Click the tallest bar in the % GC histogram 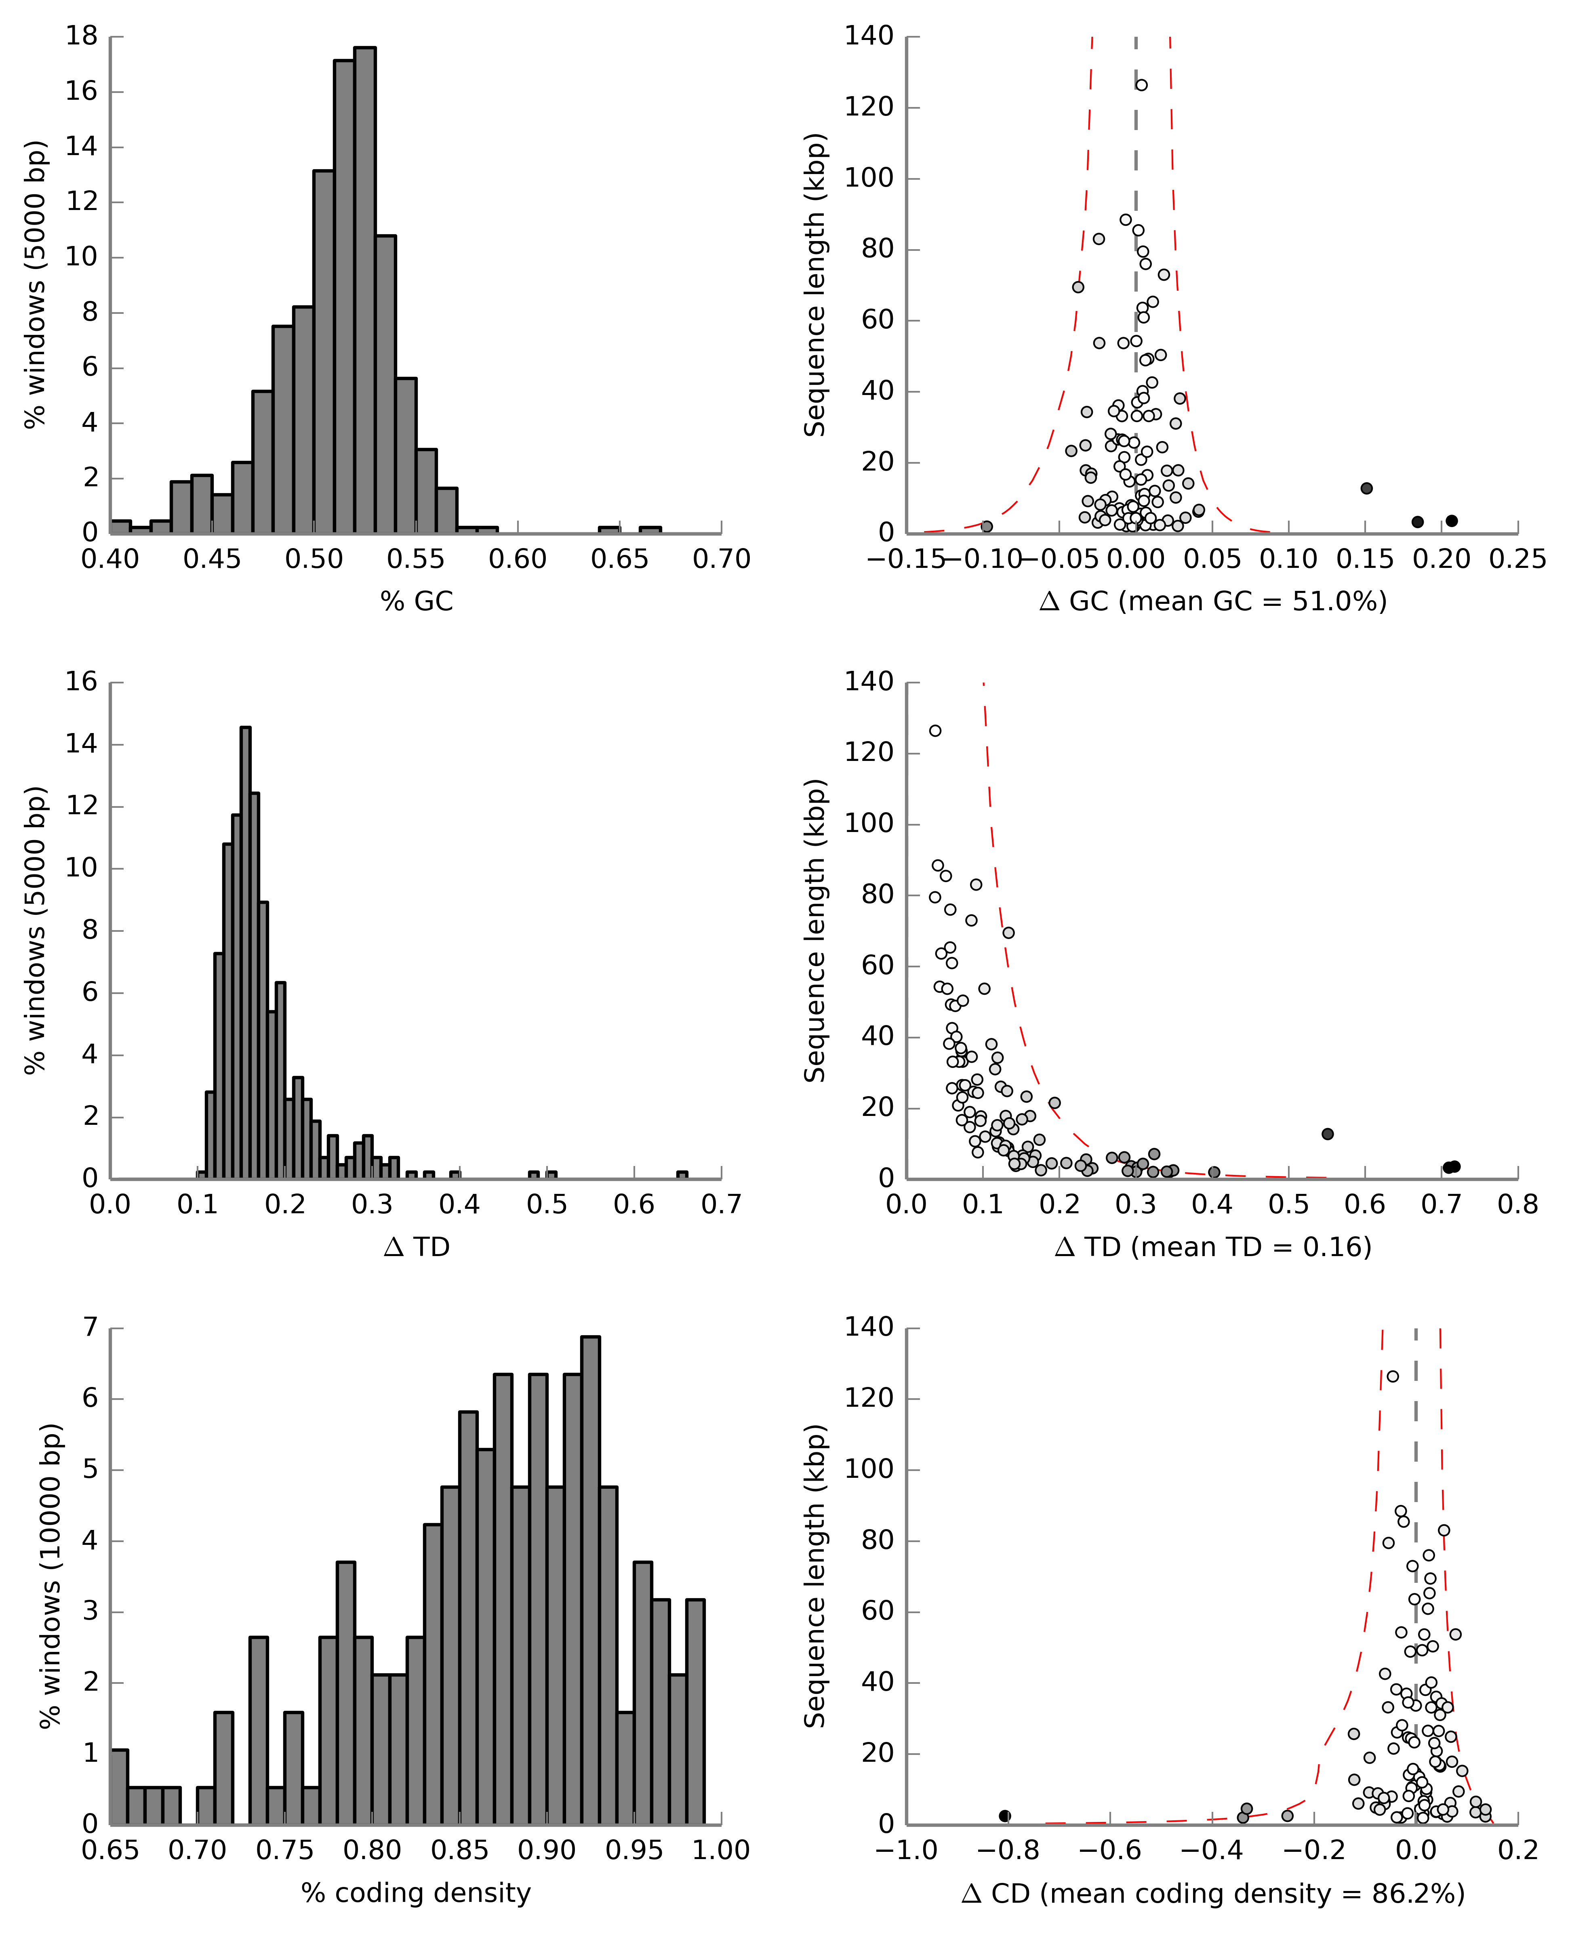[x=364, y=289]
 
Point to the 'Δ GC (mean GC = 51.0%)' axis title [x=1213, y=601]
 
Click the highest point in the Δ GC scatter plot [x=1141, y=85]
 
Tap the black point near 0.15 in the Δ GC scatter [x=1366, y=488]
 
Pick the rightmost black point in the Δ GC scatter [x=1452, y=521]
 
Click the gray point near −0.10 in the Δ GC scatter [x=987, y=526]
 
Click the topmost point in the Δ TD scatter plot [x=935, y=731]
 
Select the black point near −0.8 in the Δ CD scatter [x=1005, y=1815]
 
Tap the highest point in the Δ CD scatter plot [x=1393, y=1376]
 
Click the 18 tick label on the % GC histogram [x=81, y=36]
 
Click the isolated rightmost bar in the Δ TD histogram [x=682, y=1175]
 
